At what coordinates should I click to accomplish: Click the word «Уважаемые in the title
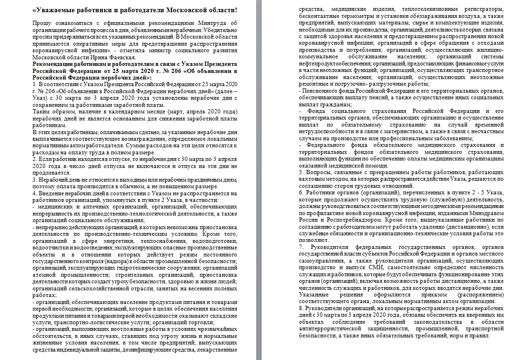[58, 10]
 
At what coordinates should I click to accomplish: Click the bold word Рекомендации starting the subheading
[55, 64]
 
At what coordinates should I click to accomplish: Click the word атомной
[44, 274]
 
